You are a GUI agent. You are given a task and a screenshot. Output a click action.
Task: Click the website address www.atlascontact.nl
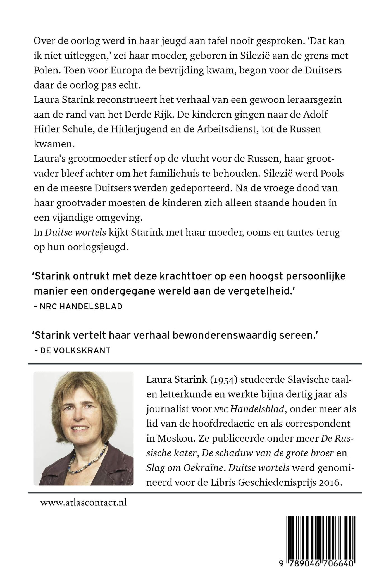(83, 503)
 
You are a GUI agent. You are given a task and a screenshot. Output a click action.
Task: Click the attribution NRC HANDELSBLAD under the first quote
(81, 306)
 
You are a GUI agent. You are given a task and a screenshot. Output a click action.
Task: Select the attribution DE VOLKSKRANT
(75, 350)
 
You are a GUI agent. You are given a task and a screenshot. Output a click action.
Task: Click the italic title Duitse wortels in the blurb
(75, 232)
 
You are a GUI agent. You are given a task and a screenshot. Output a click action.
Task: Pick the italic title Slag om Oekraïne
(185, 468)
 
